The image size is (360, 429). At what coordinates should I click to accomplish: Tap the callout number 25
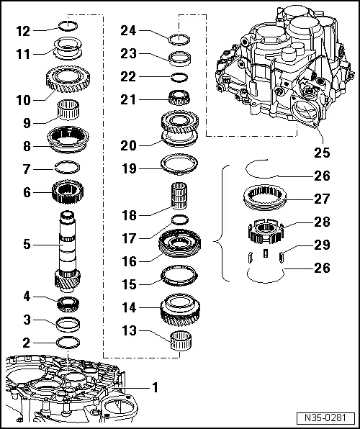[x=322, y=152]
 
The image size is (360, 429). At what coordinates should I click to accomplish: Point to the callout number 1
[x=153, y=387]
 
